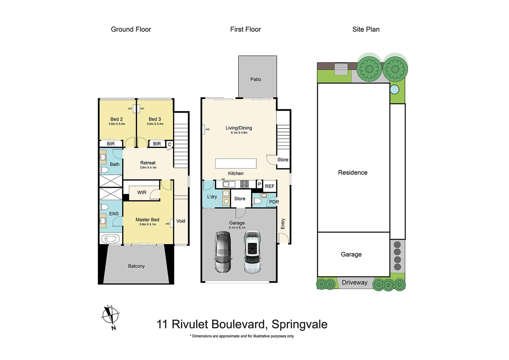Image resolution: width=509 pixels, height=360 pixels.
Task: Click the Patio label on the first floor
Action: [x=256, y=79]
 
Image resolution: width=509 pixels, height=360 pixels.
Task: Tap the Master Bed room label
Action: [x=147, y=220]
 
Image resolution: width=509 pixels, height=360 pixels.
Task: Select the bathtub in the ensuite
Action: [x=110, y=239]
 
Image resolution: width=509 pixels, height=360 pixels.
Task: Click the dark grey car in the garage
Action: [x=223, y=252]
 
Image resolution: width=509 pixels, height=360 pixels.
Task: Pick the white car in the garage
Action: [x=252, y=251]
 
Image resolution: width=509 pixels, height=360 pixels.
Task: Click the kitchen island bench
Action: [x=236, y=164]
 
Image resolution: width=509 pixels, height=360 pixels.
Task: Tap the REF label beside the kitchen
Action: [x=270, y=186]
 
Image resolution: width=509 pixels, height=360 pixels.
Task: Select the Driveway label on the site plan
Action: [x=355, y=283]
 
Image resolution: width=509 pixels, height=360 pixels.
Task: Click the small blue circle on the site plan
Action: [x=394, y=89]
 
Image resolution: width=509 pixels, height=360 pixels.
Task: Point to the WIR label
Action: [x=142, y=193]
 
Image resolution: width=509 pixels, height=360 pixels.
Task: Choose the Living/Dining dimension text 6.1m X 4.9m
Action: [x=239, y=133]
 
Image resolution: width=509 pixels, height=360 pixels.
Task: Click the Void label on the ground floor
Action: [x=181, y=221]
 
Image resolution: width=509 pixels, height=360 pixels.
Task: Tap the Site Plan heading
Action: [x=366, y=29]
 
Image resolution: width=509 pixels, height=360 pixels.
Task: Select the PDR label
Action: [x=274, y=202]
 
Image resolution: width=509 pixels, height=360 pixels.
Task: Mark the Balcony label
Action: [x=136, y=266]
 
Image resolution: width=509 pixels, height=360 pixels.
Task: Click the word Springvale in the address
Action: [x=299, y=324]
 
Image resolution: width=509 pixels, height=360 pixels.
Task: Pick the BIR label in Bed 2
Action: [x=111, y=144]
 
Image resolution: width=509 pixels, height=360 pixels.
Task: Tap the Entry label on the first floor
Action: [x=283, y=224]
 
